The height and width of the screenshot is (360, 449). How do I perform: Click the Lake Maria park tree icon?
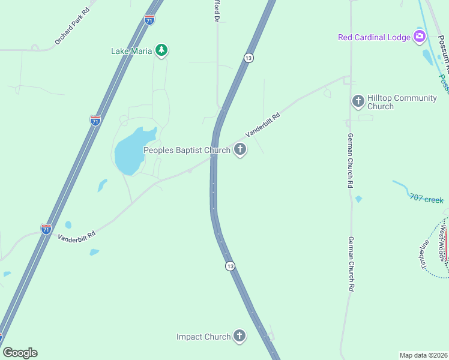(x=161, y=50)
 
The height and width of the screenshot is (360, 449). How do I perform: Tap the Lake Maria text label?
(x=131, y=51)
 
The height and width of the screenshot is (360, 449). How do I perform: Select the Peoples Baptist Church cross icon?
(x=240, y=149)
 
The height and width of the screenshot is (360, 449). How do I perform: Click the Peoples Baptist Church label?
(x=187, y=150)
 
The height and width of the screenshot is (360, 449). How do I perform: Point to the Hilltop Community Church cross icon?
(x=358, y=101)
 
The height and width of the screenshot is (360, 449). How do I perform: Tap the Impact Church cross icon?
(x=240, y=336)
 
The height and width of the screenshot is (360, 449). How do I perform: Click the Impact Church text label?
(x=203, y=337)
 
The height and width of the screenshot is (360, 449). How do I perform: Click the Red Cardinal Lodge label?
(x=374, y=37)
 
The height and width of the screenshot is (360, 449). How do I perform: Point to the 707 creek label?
(x=426, y=198)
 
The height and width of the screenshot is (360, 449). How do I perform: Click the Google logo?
(x=20, y=353)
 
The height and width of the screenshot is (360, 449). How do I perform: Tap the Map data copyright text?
(x=424, y=355)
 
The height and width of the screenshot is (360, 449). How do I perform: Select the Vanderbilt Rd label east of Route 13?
(x=263, y=125)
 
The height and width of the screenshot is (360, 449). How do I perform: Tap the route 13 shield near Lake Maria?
(x=248, y=58)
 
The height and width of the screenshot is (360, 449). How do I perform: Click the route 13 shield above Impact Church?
(x=230, y=266)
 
